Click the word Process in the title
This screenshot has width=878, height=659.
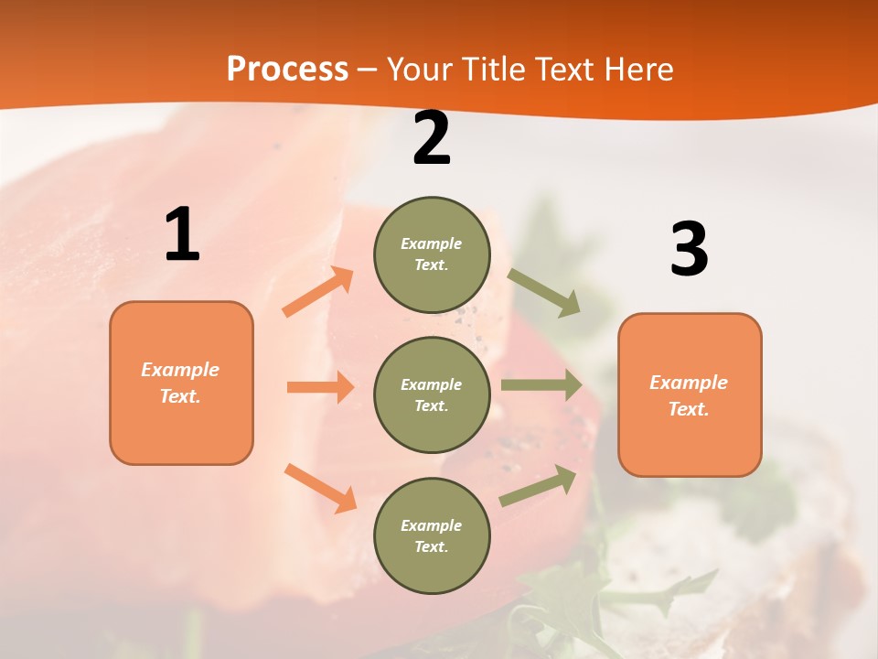click(287, 70)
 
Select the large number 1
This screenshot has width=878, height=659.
click(182, 235)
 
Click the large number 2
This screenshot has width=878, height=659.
click(432, 139)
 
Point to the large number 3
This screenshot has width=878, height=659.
click(689, 249)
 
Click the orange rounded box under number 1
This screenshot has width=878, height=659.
click(181, 383)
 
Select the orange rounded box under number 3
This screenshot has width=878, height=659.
click(690, 395)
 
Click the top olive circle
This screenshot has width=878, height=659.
click(432, 254)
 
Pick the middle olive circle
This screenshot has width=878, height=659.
click(432, 395)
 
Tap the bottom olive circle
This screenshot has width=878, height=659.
click(432, 536)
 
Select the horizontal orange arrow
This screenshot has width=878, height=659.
click(320, 387)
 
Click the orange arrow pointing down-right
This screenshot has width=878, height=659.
click(320, 488)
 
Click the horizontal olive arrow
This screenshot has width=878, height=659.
click(541, 385)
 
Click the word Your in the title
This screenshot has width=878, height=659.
click(418, 70)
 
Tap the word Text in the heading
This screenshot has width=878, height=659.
click(564, 70)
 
